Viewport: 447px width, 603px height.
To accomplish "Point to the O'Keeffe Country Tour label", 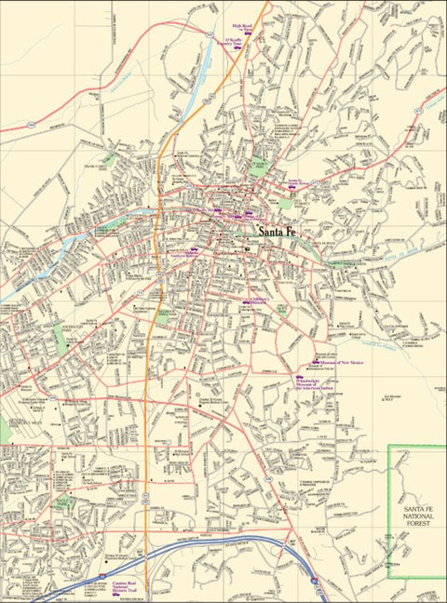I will pos(238,43).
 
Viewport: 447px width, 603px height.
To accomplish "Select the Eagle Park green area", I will pos(108,159).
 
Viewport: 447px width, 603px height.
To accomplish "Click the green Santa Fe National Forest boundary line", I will pos(388,502).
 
